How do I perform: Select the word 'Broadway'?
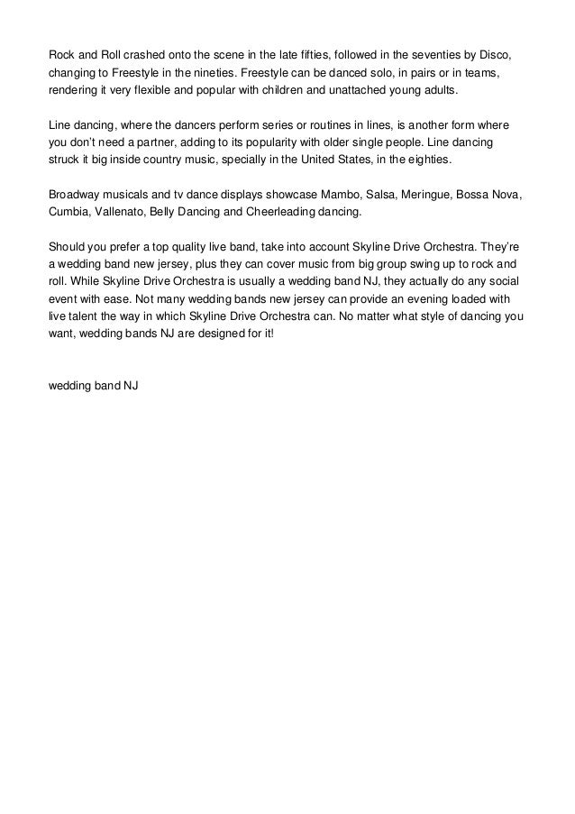tap(75, 196)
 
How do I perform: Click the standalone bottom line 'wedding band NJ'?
tap(93, 387)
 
